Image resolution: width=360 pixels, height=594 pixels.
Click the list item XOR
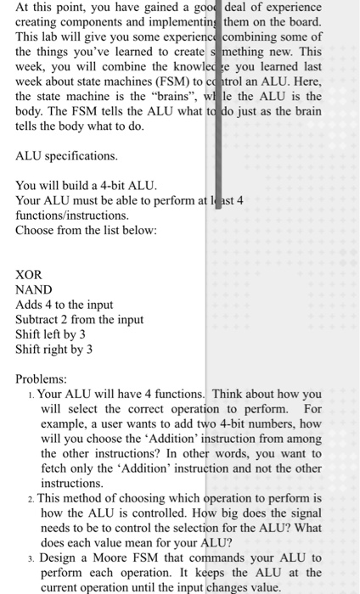point(29,274)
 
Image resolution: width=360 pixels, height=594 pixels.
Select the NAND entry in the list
point(34,289)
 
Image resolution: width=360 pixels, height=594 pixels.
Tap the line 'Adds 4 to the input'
point(64,305)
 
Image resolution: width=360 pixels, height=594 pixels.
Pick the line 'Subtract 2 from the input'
point(79,320)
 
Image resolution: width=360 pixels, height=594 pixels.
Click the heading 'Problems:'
point(42,379)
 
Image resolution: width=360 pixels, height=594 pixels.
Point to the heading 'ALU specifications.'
point(67,156)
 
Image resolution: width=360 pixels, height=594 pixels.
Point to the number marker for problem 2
point(31,498)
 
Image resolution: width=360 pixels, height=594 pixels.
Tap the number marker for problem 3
point(31,558)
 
